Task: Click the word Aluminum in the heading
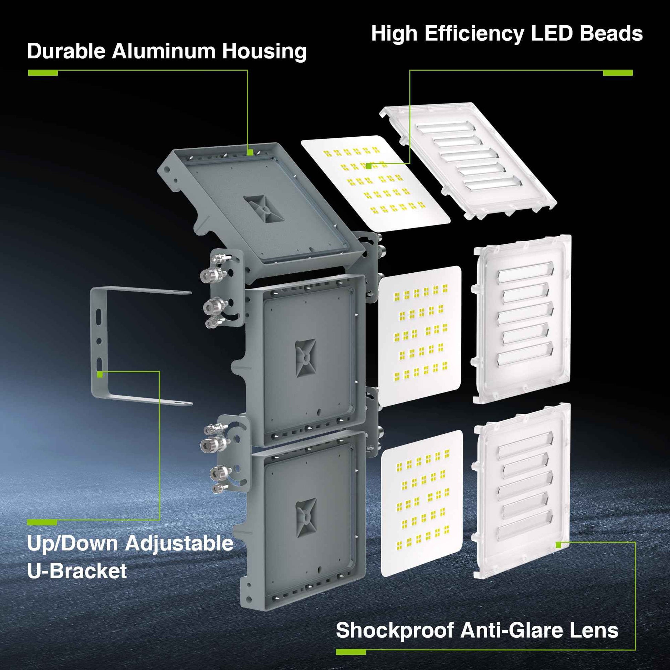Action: tap(164, 51)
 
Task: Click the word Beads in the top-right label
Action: tap(611, 34)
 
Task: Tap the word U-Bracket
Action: tap(77, 571)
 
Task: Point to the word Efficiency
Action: tap(474, 34)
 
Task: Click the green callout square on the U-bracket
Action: tap(100, 374)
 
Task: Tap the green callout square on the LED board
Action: tap(369, 166)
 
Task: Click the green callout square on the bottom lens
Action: tap(558, 545)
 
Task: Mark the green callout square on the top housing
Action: tap(250, 152)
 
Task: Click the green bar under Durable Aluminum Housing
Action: tap(43, 73)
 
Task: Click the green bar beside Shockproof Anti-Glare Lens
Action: tap(350, 652)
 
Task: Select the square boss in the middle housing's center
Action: tap(305, 358)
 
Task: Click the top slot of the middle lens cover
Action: tap(526, 271)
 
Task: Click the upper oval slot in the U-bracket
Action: tap(99, 316)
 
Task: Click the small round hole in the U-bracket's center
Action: tap(99, 341)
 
